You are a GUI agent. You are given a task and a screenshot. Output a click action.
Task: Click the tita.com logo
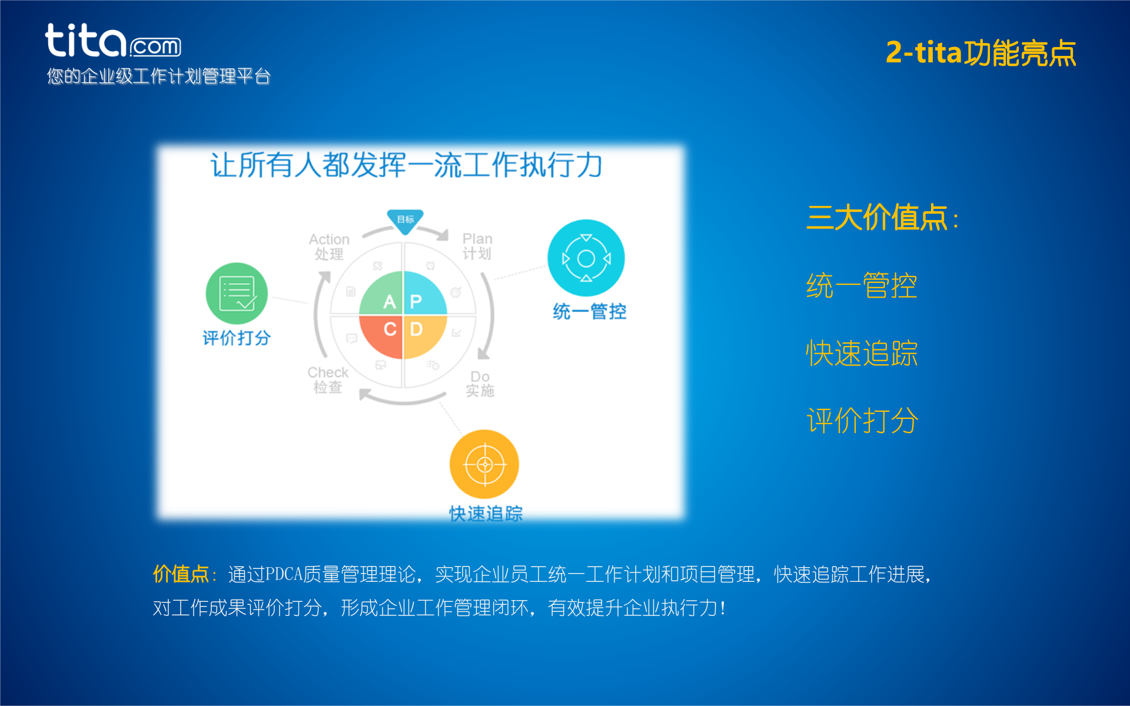coord(112,41)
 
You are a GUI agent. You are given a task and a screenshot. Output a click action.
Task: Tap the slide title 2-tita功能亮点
coord(981,53)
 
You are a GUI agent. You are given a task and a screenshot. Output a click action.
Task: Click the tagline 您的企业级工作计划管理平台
coord(158,76)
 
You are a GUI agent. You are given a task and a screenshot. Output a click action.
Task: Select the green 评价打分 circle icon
coord(237,293)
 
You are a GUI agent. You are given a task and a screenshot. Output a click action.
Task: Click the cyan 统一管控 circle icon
coord(586,258)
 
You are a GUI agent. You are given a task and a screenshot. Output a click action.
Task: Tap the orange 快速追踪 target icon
coord(484,464)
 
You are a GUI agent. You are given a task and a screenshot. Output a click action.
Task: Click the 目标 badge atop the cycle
coord(405,220)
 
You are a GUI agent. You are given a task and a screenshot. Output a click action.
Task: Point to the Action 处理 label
coord(329,247)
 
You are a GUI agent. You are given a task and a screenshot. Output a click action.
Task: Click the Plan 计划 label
coord(477,246)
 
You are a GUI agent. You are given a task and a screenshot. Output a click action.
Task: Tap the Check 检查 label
coord(328,379)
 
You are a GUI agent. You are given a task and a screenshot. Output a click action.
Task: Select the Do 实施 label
coord(480,384)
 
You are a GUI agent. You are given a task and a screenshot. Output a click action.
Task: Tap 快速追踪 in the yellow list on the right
coord(862,354)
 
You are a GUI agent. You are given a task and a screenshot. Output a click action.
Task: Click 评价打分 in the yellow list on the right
coord(862,421)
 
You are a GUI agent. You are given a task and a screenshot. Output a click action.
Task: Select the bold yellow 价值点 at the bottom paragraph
coord(181,574)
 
